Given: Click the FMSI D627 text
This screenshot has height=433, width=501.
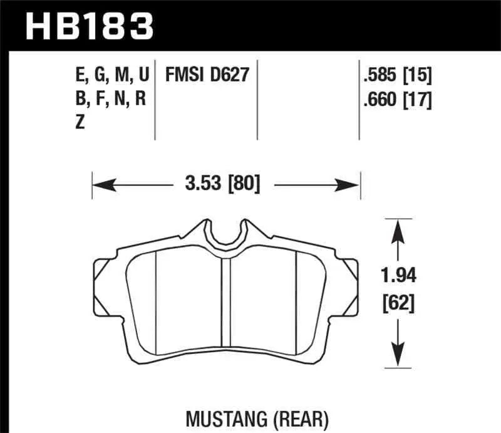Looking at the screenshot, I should click(x=207, y=76).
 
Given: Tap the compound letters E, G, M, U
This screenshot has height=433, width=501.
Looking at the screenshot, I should click(x=111, y=76).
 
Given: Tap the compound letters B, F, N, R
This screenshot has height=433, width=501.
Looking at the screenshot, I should click(x=110, y=100).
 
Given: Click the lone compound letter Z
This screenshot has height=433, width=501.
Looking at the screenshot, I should click(x=80, y=123).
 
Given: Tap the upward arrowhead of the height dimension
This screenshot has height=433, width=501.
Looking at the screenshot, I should click(x=395, y=232).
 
